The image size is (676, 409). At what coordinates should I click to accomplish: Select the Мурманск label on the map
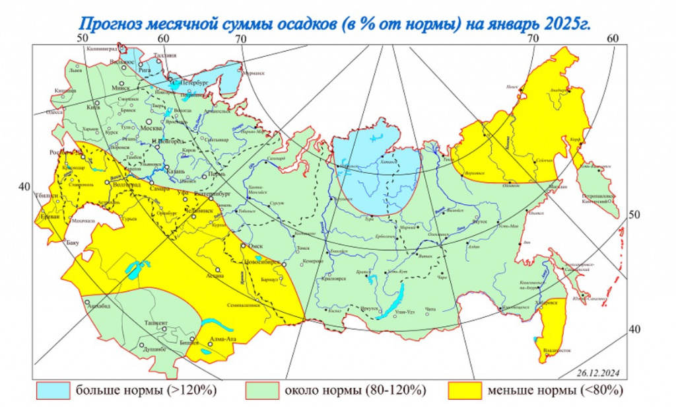[x=247, y=74]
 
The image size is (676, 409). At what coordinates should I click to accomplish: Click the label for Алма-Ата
[x=222, y=340]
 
